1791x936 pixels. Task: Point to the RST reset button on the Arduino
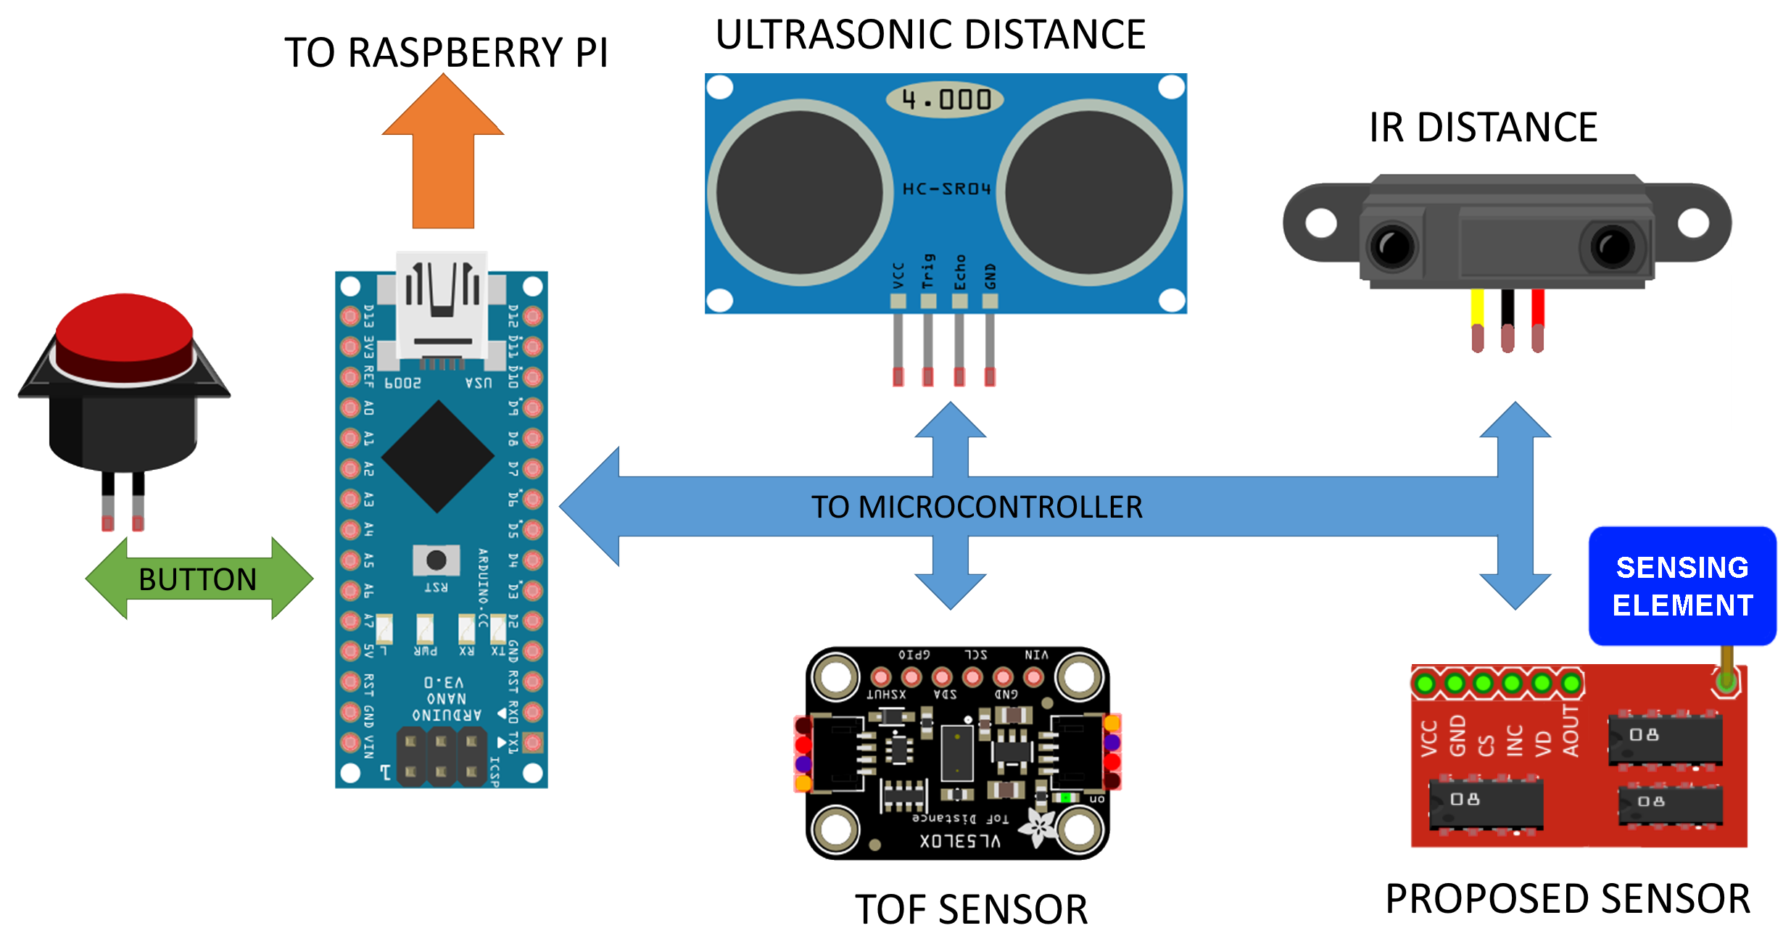tap(437, 560)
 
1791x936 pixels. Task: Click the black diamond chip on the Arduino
tap(437, 457)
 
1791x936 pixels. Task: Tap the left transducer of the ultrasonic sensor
tap(800, 192)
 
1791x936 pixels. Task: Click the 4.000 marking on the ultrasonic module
tap(945, 99)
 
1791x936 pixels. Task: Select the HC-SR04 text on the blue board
tap(946, 189)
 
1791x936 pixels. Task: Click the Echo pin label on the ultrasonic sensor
tap(960, 273)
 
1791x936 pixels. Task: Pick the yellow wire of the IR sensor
tap(1477, 309)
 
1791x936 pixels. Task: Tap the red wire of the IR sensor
tap(1538, 309)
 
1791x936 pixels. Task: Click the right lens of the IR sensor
tap(1612, 247)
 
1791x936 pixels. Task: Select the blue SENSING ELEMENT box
tap(1682, 586)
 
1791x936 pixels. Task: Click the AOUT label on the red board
tap(1571, 731)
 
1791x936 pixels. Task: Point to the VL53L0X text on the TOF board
tap(960, 841)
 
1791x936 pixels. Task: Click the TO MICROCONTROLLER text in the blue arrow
tap(977, 507)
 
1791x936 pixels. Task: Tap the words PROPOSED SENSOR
tap(1568, 899)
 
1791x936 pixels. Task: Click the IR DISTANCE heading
tap(1483, 128)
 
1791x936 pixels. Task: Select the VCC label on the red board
tap(1428, 738)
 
